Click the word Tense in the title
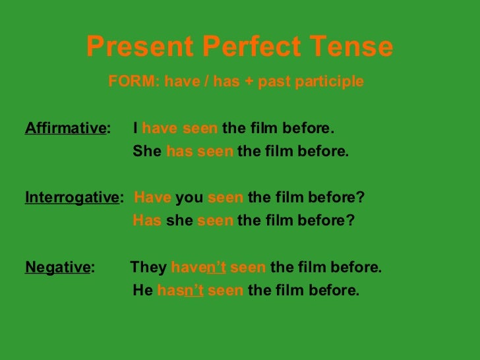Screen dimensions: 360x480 [x=359, y=46]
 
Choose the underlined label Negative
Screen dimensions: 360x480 [x=57, y=268]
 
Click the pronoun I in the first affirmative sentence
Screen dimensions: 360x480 [x=135, y=127]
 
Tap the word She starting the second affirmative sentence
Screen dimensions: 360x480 [x=147, y=151]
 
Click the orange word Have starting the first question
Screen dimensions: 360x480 [x=152, y=198]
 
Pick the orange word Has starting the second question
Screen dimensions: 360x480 [x=147, y=222]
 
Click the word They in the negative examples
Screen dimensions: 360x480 [x=148, y=268]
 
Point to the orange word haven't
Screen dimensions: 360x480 [x=198, y=268]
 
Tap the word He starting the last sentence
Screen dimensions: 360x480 [x=143, y=291]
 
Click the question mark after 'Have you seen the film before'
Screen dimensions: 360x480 [x=360, y=198]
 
